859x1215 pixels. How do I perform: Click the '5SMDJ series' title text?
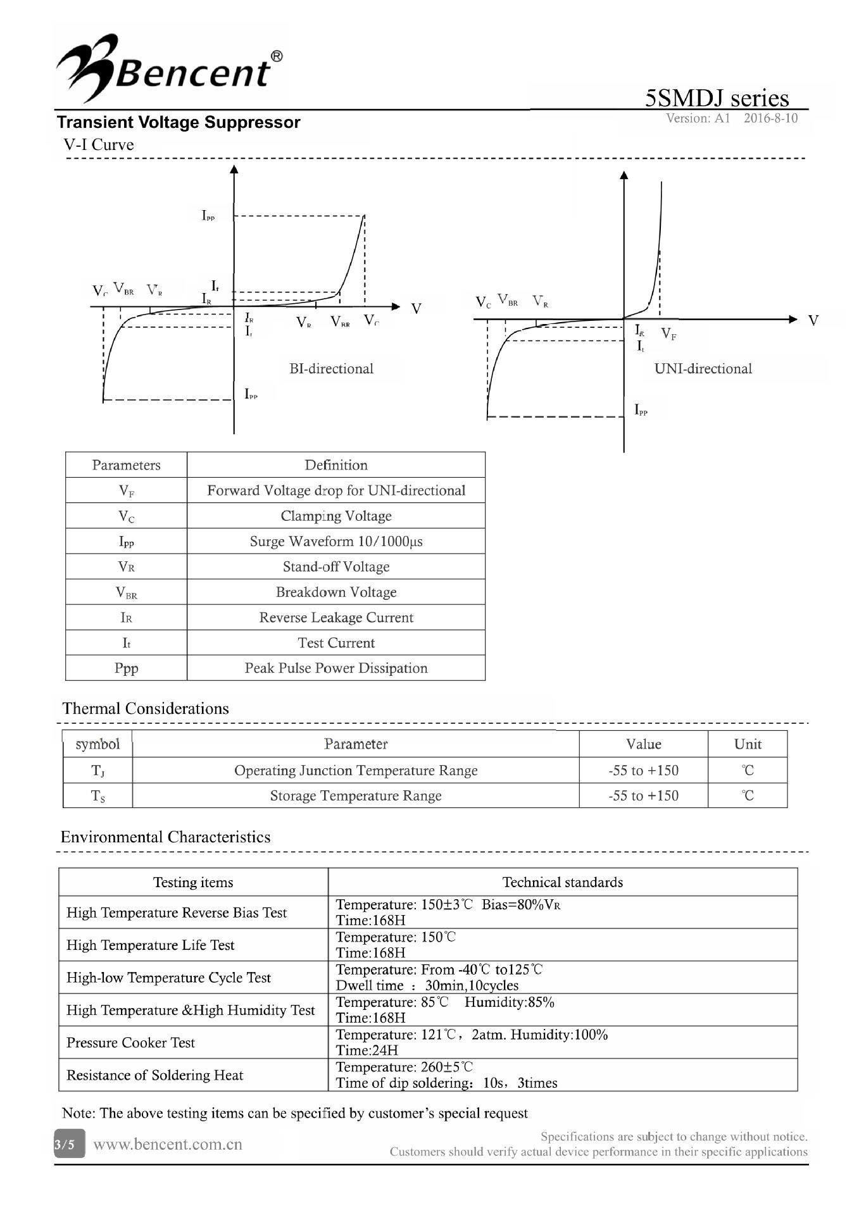click(x=717, y=98)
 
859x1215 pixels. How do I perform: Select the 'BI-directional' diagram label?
click(x=331, y=369)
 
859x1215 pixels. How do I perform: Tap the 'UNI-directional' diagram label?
click(x=703, y=369)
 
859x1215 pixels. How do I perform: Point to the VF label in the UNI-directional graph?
click(x=668, y=334)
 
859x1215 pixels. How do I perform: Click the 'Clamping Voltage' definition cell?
click(x=336, y=516)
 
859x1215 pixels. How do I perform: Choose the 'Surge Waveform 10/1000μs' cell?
click(x=336, y=542)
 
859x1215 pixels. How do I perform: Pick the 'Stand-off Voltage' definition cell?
click(x=336, y=567)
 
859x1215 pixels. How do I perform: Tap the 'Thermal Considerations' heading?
click(x=146, y=709)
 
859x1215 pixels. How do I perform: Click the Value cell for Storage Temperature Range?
click(x=643, y=796)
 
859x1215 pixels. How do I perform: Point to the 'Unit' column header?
click(x=748, y=744)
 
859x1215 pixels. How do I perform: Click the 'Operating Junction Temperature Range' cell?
click(x=356, y=771)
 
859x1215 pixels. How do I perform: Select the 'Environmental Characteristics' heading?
click(x=165, y=837)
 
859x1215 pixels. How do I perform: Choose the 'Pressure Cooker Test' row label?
click(x=131, y=1043)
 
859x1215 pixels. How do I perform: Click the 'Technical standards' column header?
click(x=562, y=882)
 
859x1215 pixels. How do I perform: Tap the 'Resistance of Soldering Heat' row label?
click(x=155, y=1075)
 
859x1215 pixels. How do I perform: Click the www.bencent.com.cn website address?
click(x=168, y=1144)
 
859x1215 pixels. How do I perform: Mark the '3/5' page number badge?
click(x=65, y=1144)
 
